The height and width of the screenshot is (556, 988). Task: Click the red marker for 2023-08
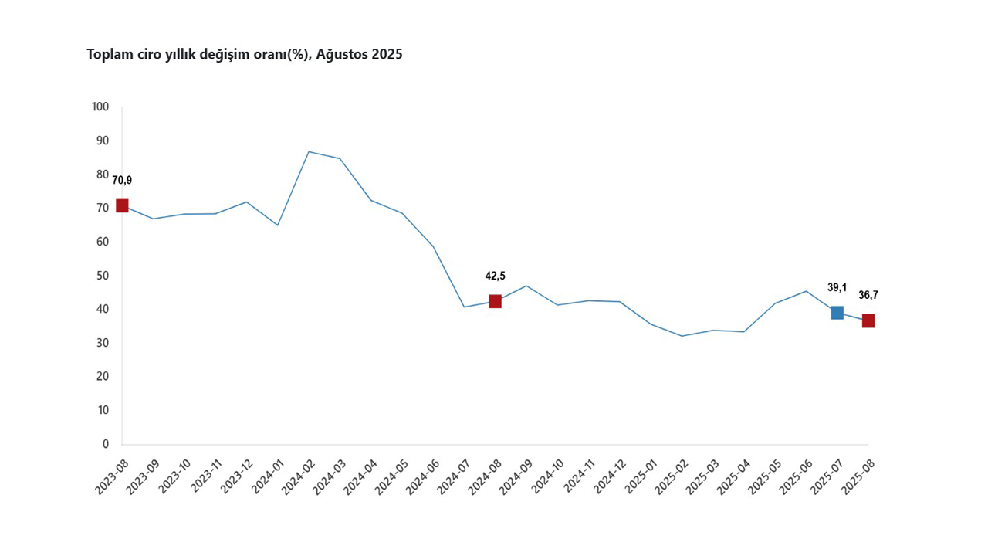[122, 205]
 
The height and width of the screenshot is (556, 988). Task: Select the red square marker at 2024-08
[495, 301]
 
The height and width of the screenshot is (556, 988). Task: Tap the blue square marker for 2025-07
[837, 313]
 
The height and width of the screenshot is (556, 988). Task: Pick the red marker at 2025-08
[868, 320]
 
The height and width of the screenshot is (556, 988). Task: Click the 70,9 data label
[122, 181]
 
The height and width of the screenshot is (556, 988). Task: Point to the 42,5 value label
[495, 276]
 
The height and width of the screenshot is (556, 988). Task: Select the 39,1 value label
[837, 288]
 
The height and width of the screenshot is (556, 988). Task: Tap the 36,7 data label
[868, 295]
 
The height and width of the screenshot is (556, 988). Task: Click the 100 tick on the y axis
[100, 107]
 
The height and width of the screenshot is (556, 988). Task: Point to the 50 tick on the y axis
[103, 276]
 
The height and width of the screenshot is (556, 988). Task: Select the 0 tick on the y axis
[106, 444]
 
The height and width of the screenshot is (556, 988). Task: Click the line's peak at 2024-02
[309, 151]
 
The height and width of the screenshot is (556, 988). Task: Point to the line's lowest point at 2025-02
[682, 336]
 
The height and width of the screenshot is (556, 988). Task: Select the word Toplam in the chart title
[108, 55]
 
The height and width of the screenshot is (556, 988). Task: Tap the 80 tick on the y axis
[103, 175]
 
